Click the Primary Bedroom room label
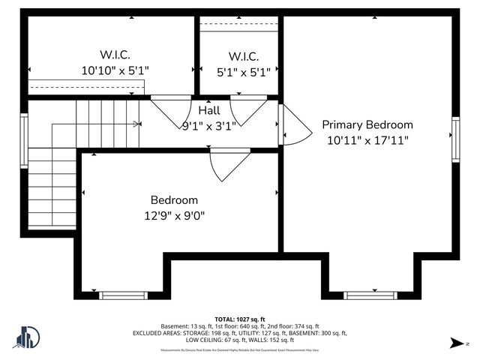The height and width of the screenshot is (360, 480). [x=367, y=124]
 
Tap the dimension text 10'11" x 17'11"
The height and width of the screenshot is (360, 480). [x=367, y=139]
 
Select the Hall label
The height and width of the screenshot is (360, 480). [x=209, y=110]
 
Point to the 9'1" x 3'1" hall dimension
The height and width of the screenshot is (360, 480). [x=209, y=125]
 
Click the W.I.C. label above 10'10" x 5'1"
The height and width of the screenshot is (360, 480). [x=115, y=55]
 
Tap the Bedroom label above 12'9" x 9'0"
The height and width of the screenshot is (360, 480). [x=174, y=200]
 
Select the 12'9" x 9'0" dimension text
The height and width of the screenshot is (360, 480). [x=174, y=215]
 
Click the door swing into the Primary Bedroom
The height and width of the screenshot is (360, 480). [x=294, y=125]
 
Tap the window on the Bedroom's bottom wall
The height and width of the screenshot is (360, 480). [x=124, y=295]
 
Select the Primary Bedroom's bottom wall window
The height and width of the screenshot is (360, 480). [x=369, y=295]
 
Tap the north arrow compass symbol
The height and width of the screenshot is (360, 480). [x=455, y=343]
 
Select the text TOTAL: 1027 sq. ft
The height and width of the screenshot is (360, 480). [x=239, y=318]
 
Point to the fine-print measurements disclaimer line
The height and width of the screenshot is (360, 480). [x=239, y=349]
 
